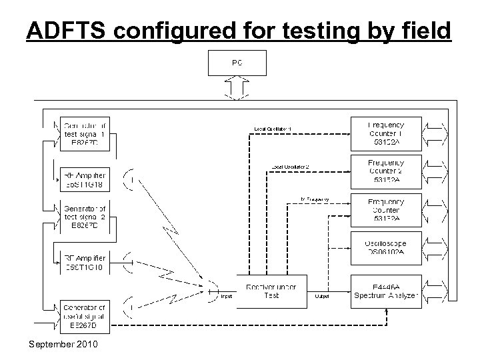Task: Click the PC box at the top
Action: (238, 62)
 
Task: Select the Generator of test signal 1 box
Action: (85, 132)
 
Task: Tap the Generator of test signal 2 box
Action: (85, 217)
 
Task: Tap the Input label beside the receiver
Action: (226, 296)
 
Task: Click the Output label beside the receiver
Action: (323, 296)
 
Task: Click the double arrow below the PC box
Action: (238, 87)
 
